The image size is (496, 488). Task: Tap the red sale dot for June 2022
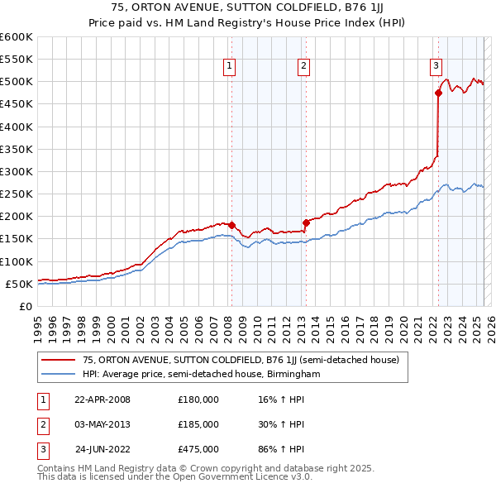coord(438,93)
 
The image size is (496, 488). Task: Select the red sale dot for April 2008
coord(232,225)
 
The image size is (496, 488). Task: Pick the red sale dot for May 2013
coord(306,222)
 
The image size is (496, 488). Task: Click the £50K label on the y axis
coord(18,284)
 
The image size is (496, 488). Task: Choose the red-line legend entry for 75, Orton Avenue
coord(241,360)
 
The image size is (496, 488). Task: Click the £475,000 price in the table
coord(198,450)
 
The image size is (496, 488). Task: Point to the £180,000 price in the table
coord(198,399)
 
